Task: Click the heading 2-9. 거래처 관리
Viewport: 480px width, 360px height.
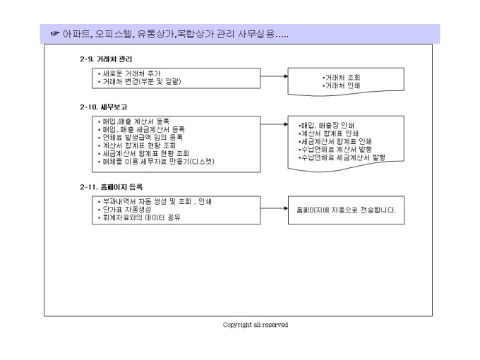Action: [x=106, y=59]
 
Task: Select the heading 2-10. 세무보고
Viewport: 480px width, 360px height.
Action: [x=104, y=107]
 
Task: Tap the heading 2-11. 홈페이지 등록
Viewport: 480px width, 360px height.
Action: [x=111, y=187]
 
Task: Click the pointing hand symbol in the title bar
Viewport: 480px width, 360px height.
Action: [x=55, y=33]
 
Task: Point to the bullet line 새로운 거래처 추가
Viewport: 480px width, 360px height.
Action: [x=129, y=73]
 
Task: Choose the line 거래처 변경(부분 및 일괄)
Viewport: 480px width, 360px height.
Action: [x=139, y=81]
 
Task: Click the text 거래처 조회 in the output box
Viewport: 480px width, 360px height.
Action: [x=342, y=78]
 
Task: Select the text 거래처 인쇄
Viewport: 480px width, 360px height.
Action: [x=342, y=85]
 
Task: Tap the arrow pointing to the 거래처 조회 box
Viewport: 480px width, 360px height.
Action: [x=274, y=76]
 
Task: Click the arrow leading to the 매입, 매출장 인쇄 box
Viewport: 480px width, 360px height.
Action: [x=274, y=124]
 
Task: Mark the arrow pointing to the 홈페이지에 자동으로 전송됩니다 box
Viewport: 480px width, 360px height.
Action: [x=274, y=208]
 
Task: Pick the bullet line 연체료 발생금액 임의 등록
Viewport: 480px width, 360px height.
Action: [x=140, y=137]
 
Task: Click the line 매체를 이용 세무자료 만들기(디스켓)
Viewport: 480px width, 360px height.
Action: [x=156, y=162]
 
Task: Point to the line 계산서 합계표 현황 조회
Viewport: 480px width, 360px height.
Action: [x=137, y=145]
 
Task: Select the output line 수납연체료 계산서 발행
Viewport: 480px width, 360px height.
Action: [x=335, y=150]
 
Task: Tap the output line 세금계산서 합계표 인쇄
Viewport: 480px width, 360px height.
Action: [x=335, y=141]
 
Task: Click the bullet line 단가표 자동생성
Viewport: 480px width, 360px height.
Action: [x=124, y=210]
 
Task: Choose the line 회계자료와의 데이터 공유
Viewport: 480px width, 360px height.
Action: [x=139, y=217]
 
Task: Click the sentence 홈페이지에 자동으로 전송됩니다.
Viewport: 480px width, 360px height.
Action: [x=346, y=210]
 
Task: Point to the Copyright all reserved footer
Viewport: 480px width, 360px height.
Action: [x=256, y=325]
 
